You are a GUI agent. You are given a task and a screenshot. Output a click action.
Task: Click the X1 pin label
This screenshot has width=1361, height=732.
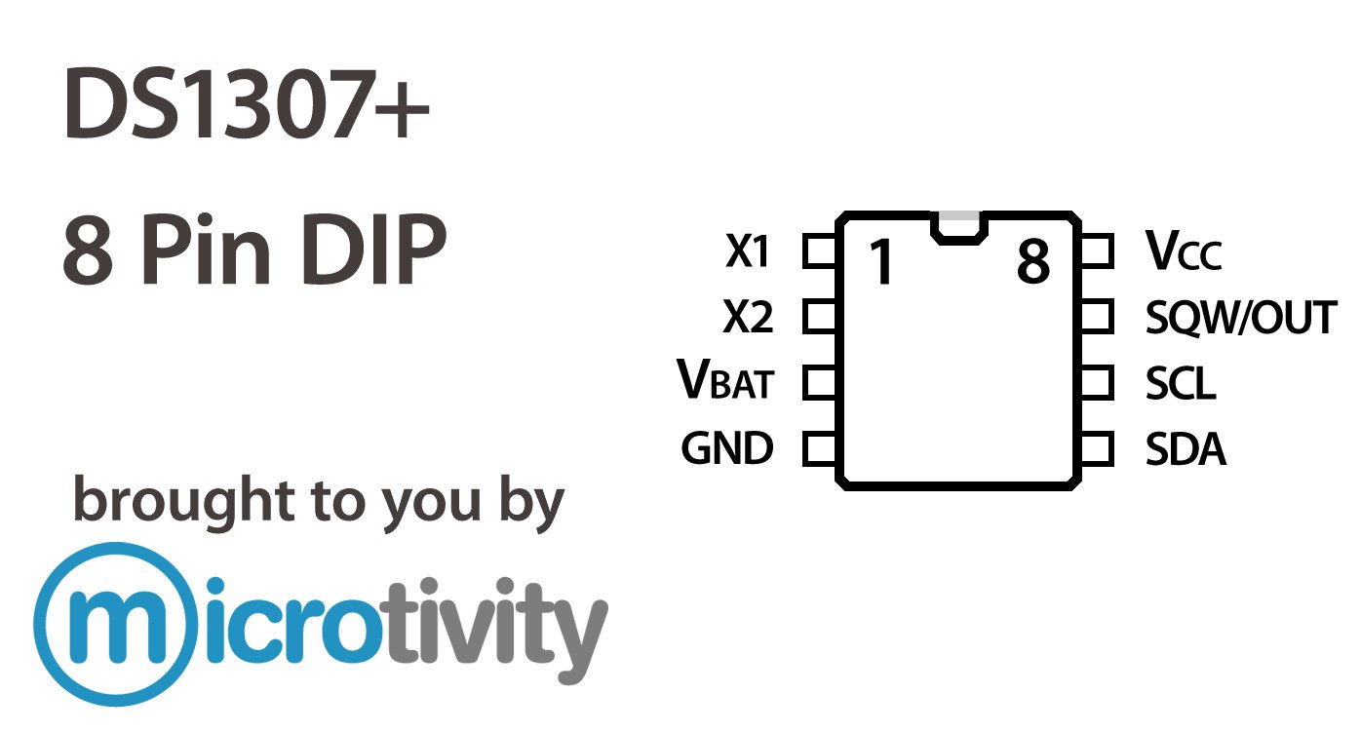[x=748, y=252]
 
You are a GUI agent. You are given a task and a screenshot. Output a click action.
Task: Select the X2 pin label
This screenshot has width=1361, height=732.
[x=748, y=318]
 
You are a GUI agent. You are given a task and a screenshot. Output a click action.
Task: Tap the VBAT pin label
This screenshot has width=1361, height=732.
[x=724, y=381]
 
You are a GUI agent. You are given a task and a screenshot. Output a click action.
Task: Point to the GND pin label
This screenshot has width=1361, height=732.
[x=726, y=448]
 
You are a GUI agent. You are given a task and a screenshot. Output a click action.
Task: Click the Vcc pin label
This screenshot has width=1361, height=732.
[x=1183, y=252]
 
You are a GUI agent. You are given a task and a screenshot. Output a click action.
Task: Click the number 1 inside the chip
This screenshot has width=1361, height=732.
[x=881, y=262]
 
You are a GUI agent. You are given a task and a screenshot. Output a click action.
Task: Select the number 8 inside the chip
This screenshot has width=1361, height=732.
[x=1032, y=261]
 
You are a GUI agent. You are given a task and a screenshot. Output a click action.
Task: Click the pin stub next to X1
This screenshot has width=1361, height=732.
[x=820, y=251]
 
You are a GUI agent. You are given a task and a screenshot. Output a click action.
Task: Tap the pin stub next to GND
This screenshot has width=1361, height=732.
[x=820, y=449]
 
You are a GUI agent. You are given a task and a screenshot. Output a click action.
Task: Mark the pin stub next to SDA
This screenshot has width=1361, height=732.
[x=1096, y=449]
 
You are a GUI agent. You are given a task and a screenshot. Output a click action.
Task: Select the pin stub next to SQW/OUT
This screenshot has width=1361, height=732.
[x=1096, y=317]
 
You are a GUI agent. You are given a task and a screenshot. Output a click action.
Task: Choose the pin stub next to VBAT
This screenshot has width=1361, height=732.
[x=820, y=383]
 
